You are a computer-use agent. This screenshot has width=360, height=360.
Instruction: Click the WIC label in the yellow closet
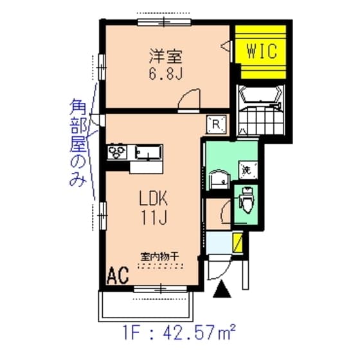(262, 51)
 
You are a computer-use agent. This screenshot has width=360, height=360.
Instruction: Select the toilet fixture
(246, 201)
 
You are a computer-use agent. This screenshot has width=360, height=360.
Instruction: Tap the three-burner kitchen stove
(119, 153)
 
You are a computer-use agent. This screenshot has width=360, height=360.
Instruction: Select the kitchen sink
(148, 153)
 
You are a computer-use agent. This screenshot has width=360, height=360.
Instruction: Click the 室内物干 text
(159, 255)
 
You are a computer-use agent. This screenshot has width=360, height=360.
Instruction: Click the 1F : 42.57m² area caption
(178, 334)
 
